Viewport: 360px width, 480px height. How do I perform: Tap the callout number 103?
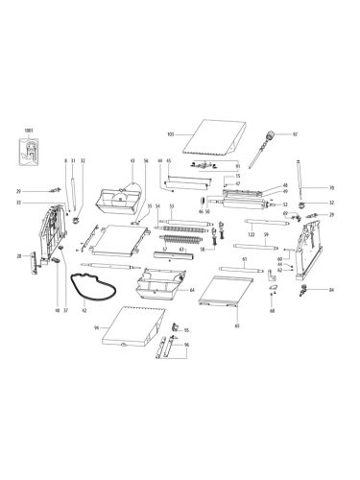171,133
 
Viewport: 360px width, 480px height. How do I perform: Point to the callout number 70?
331,187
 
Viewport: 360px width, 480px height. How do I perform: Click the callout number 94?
97,327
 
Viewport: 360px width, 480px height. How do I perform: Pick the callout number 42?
84,311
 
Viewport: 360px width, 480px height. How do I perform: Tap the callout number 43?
132,160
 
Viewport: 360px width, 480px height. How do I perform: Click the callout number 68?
272,311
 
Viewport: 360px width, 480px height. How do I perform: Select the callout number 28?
19,256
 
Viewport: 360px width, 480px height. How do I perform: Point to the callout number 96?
186,345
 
